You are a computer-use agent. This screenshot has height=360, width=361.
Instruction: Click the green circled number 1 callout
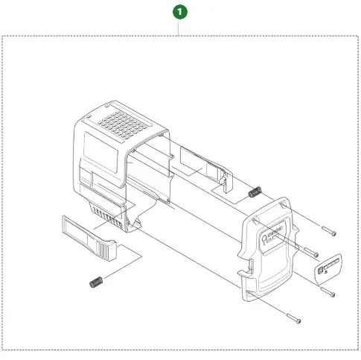(x=179, y=13)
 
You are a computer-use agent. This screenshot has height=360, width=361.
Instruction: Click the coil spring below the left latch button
(x=95, y=282)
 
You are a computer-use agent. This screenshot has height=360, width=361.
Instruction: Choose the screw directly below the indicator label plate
(x=326, y=288)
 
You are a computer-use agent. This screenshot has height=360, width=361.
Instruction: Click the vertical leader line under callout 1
(x=179, y=28)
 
